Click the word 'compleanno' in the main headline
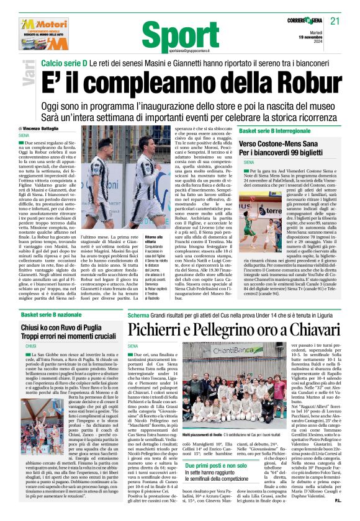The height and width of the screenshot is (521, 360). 163,81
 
